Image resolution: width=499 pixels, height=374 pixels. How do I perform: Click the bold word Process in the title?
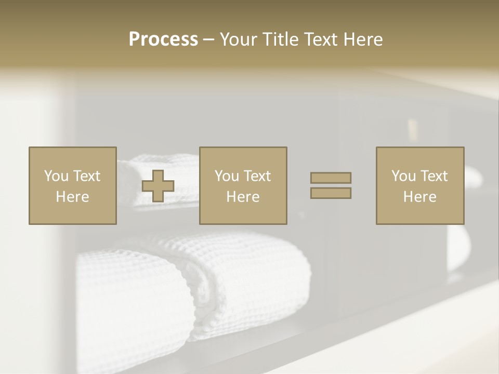tap(163, 39)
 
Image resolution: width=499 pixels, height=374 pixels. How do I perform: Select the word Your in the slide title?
tap(238, 39)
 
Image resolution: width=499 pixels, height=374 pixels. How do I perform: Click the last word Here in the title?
tap(363, 39)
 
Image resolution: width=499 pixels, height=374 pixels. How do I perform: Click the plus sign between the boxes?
tap(158, 185)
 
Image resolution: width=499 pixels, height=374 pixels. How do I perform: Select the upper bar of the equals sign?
tap(331, 178)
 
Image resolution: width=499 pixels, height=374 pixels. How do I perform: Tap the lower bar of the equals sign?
tap(331, 193)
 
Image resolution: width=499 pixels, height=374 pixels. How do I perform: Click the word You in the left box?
tap(56, 176)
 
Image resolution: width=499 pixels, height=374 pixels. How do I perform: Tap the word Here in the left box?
tap(72, 197)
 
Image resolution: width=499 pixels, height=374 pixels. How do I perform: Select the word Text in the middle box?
tap(257, 176)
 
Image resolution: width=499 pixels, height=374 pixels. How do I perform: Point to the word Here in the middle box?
tap(243, 197)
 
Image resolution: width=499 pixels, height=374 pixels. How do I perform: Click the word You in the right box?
tap(403, 176)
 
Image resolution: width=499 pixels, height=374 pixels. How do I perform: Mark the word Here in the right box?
tap(419, 197)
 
